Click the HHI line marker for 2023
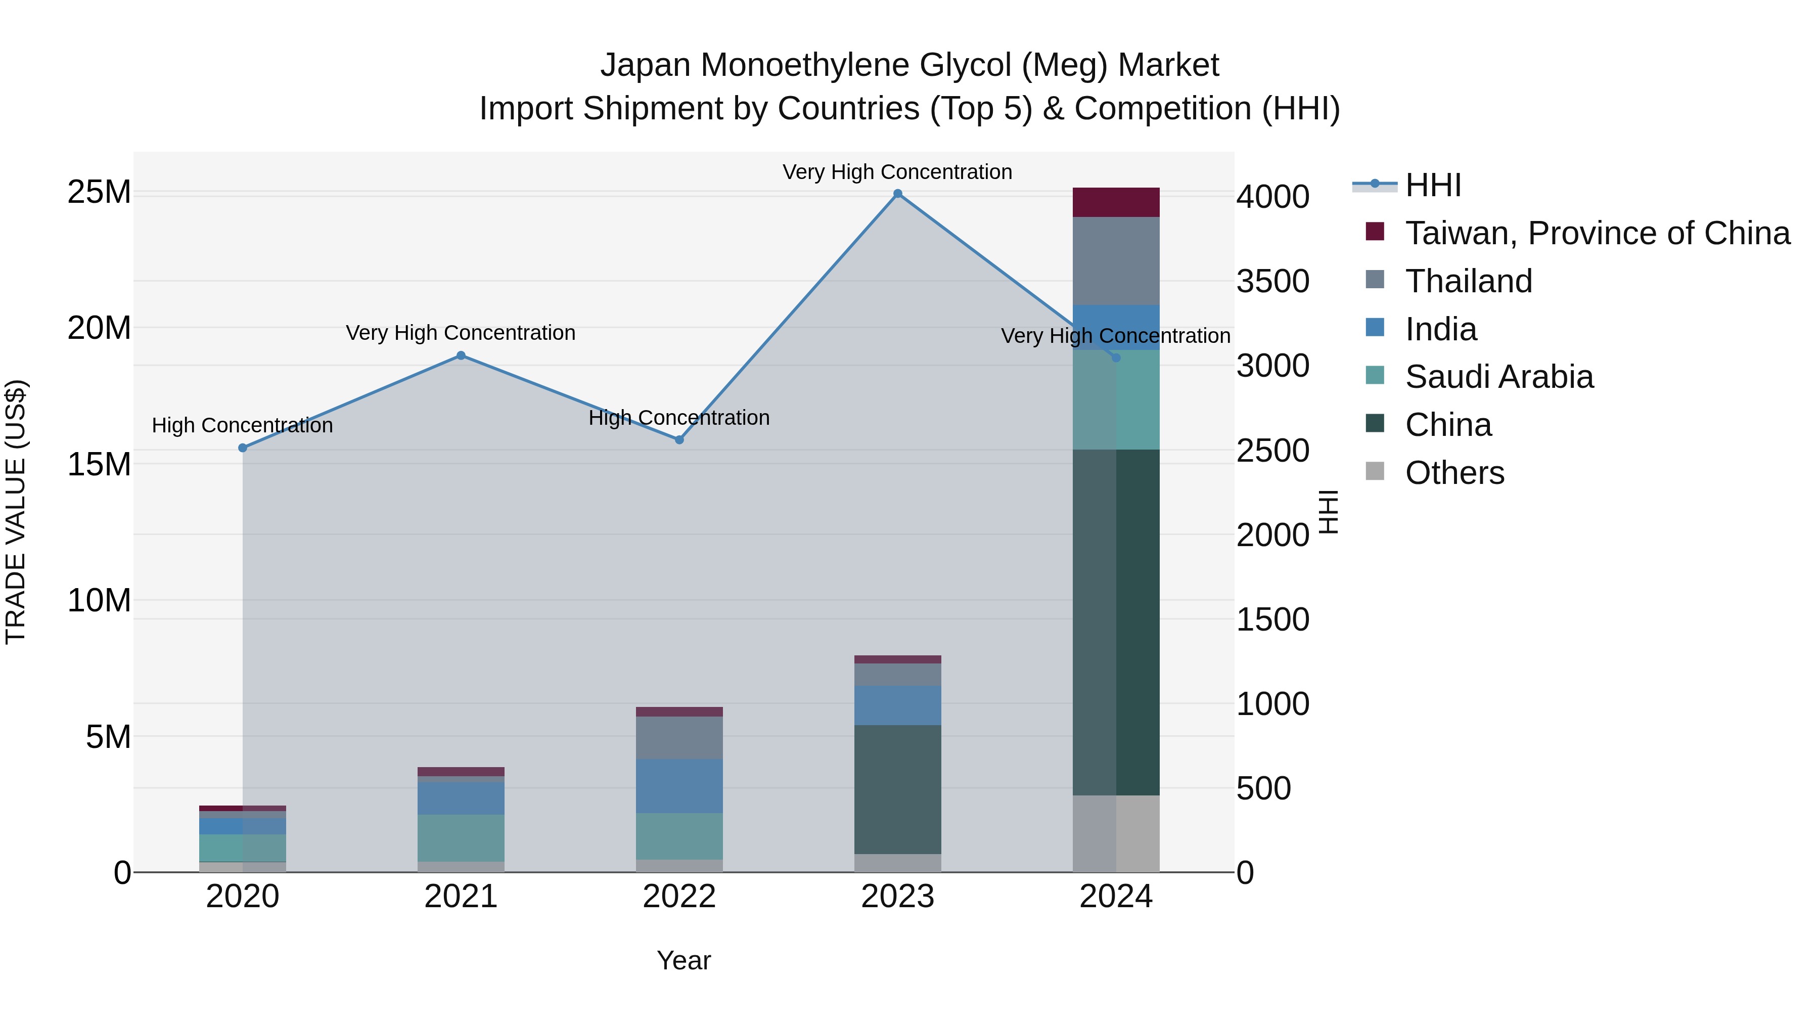pos(897,194)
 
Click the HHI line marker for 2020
pos(242,448)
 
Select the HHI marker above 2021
pos(461,355)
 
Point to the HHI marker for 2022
pos(679,439)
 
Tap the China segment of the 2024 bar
pos(1116,622)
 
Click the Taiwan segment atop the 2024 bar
pos(1116,202)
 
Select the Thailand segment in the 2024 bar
pos(1116,261)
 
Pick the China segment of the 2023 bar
pos(897,789)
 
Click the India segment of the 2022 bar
pos(679,786)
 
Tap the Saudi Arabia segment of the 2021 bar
pos(461,837)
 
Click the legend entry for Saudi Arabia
pos(1498,377)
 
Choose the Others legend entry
pos(1454,473)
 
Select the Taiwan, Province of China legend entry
pos(1597,233)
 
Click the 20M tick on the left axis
pos(99,328)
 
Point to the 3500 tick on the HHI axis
pos(1272,281)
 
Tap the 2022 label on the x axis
pos(679,897)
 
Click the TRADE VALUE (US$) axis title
pos(16,512)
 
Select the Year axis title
pos(683,960)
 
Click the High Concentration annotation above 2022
pos(679,418)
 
